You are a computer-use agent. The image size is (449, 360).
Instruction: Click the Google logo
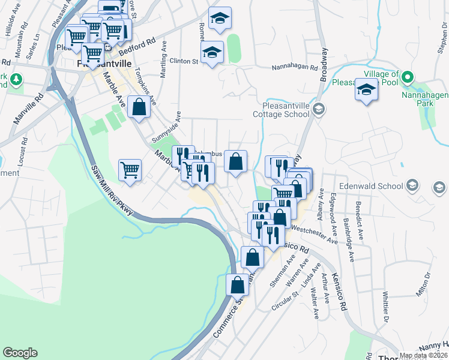tap(20, 353)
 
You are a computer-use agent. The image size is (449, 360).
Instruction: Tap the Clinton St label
tap(183, 61)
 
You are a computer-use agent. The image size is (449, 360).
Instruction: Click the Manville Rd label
tap(27, 109)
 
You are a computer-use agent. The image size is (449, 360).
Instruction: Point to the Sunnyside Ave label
tap(165, 127)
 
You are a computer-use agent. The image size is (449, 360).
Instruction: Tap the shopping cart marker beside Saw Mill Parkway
tap(130, 170)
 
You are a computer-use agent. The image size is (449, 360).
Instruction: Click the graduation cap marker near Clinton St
tap(212, 52)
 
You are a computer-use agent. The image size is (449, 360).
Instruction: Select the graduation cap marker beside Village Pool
tap(366, 90)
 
